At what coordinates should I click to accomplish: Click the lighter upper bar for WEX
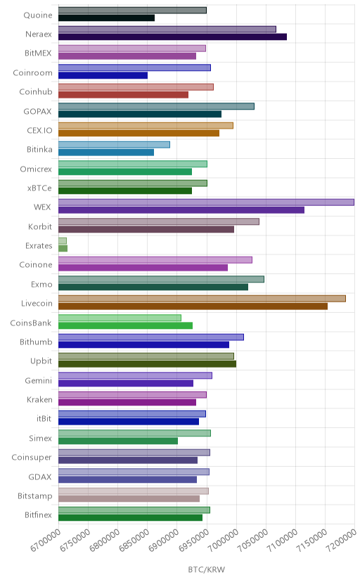click(206, 202)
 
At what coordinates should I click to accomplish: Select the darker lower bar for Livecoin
click(193, 306)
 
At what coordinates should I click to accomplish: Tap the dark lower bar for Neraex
click(172, 37)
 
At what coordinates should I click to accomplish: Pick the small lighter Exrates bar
click(63, 241)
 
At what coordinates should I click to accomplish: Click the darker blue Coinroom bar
click(103, 75)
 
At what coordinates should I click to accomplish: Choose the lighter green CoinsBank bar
click(120, 318)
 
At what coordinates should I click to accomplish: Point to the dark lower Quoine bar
click(106, 18)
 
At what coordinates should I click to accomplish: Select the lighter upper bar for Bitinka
click(114, 145)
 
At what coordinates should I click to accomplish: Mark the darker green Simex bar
click(118, 441)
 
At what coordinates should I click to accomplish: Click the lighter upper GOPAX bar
click(156, 106)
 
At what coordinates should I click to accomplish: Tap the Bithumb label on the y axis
click(36, 342)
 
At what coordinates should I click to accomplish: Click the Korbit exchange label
click(40, 226)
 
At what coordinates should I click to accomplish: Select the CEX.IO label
click(39, 130)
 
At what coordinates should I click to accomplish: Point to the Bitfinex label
click(38, 515)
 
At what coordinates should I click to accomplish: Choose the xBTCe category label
click(39, 188)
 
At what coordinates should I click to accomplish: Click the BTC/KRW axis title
click(206, 569)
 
